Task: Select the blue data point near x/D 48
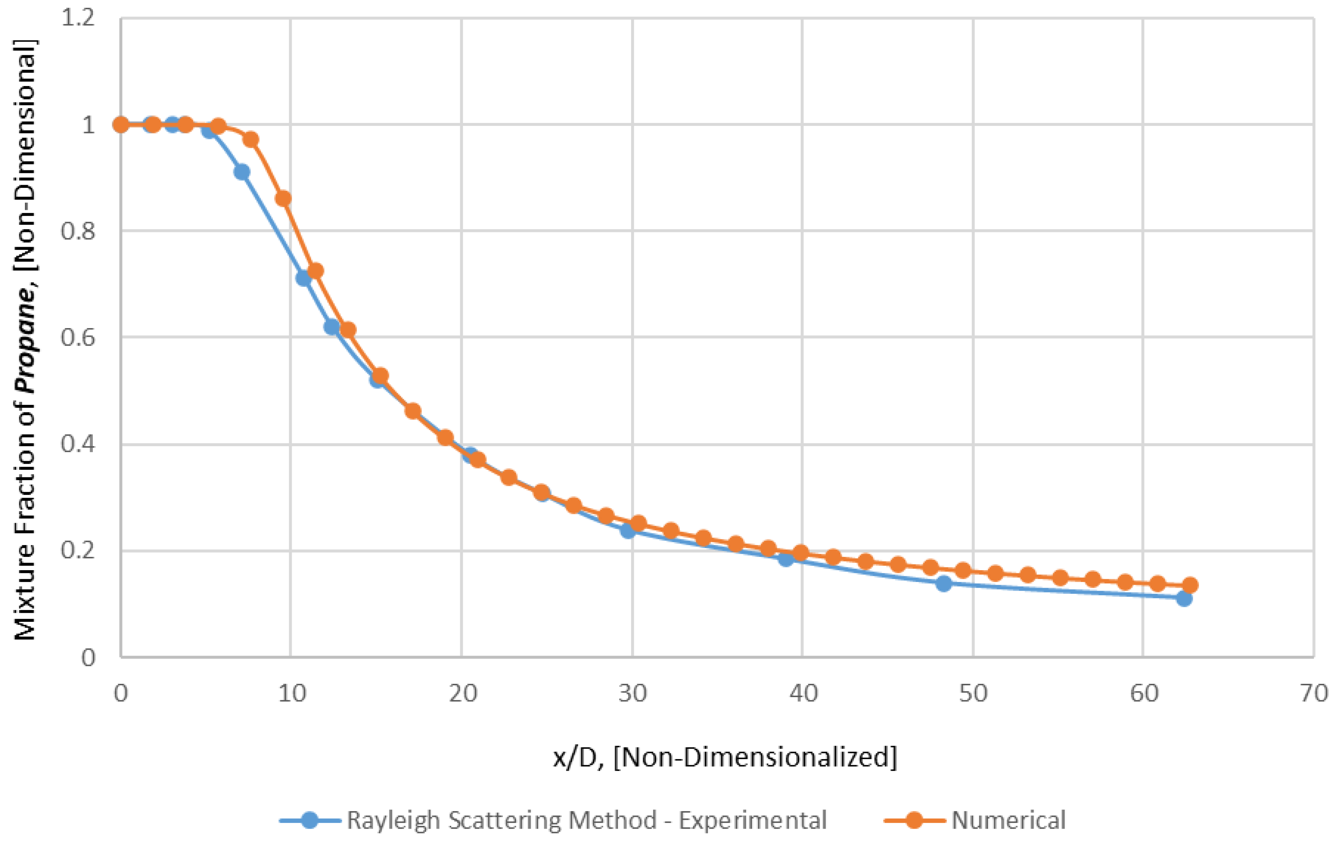pos(944,583)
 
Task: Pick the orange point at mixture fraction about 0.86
pos(283,199)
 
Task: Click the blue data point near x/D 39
pos(786,559)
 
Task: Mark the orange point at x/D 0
pos(121,124)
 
